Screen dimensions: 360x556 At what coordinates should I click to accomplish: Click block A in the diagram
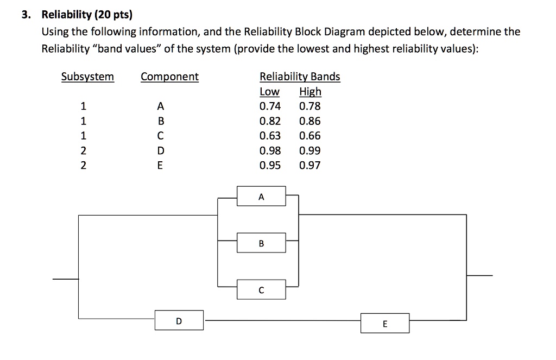261,197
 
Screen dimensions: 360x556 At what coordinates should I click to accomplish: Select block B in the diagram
261,243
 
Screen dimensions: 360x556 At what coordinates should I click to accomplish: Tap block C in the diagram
261,290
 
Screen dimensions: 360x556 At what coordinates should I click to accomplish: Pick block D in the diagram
179,320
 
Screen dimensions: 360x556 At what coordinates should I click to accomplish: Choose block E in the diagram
385,324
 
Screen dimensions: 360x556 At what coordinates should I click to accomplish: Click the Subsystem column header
87,77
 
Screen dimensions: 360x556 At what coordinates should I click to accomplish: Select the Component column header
169,77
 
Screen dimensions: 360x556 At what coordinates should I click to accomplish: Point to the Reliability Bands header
300,77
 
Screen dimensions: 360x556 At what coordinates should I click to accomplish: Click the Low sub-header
270,91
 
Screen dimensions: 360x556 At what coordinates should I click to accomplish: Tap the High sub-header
310,91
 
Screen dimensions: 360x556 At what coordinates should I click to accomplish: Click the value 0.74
270,106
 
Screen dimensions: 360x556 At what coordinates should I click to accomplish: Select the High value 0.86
310,121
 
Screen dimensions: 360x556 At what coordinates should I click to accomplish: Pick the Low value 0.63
270,136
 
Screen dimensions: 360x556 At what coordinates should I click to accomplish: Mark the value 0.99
310,150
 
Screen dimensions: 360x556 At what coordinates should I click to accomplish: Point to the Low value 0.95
270,165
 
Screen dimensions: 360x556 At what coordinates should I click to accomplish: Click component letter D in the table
160,151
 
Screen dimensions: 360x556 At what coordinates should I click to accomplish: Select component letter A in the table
160,106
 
